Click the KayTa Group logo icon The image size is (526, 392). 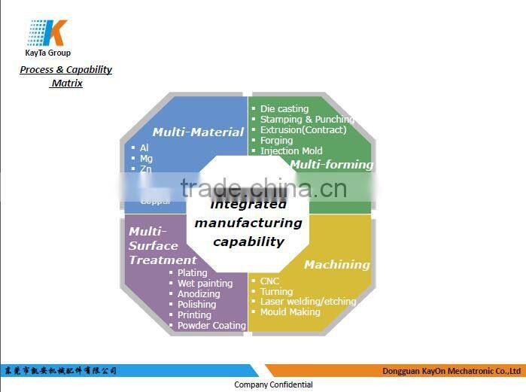(47, 33)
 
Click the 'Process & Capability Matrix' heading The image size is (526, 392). (66, 76)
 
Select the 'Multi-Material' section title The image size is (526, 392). (198, 132)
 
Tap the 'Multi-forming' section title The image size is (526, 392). (331, 164)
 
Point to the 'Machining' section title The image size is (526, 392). (336, 264)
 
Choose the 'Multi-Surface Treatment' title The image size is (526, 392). (162, 245)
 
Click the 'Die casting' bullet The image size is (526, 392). (284, 108)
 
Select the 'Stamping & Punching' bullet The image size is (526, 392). (306, 119)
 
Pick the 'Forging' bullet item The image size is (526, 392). (276, 140)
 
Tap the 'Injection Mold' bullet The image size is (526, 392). (290, 150)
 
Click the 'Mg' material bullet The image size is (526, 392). (146, 158)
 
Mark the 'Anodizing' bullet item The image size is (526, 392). (199, 293)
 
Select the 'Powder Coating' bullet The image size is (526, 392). (211, 326)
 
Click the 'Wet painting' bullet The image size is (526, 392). (205, 283)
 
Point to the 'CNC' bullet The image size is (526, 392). (269, 281)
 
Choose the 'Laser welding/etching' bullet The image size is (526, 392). (308, 301)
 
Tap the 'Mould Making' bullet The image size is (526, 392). (290, 311)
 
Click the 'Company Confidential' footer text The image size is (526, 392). (273, 384)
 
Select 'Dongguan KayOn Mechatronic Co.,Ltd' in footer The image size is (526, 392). (452, 371)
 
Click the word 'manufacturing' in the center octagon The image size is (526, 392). (248, 223)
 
